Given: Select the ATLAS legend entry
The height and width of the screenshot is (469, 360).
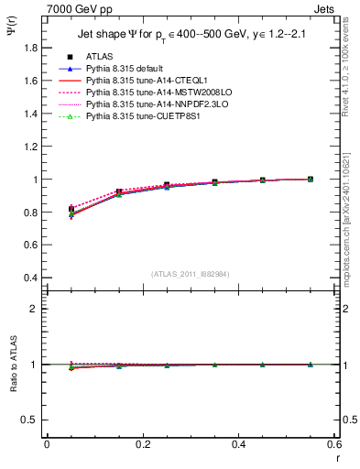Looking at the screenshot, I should coord(100,58).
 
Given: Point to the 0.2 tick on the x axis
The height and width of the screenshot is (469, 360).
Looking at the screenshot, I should coord(142,444).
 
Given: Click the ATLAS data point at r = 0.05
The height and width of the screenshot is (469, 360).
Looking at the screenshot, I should coord(71,209).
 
